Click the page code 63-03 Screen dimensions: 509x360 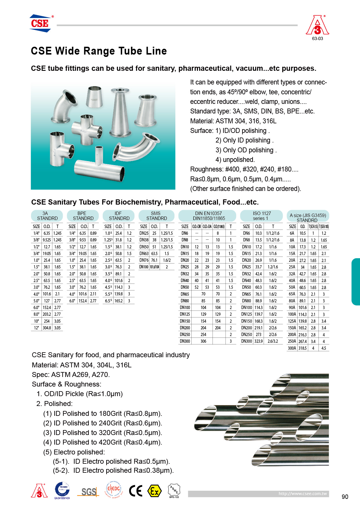coord(317,39)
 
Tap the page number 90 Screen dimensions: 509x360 coord(345,497)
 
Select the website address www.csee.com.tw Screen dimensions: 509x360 coord(303,494)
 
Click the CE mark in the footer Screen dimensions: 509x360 coord(136,491)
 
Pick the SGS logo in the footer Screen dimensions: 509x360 coord(89,492)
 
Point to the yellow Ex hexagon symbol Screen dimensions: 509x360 coord(154,491)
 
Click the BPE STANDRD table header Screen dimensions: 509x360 coord(83,216)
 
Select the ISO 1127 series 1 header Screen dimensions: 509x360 coord(262,216)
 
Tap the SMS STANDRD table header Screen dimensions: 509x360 coord(156,216)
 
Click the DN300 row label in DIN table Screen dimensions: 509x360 coord(185,341)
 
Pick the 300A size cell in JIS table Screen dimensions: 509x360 coord(292,348)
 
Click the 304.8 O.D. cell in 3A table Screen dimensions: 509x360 coord(47,328)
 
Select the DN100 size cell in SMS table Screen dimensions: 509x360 coord(144,267)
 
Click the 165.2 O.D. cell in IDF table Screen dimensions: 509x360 coord(118,301)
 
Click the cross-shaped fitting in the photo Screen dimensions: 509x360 coord(87,128)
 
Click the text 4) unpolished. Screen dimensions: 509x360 coord(235,160)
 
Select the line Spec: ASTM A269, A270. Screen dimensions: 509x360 coord(71,375)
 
